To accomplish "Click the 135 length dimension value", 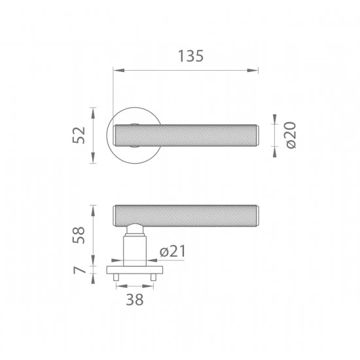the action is tap(190, 56).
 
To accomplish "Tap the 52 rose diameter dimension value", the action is tap(79, 135).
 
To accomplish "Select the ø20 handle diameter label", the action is tap(291, 135).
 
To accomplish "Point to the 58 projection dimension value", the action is tap(79, 235).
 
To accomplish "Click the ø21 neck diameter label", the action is tap(173, 251).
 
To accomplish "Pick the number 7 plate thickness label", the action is tap(79, 270).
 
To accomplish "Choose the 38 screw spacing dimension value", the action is tap(135, 299).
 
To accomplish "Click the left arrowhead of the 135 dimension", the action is tap(118, 70).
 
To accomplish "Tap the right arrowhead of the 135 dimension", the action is tap(253, 70).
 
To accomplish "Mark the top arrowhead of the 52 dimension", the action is tap(93, 113).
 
